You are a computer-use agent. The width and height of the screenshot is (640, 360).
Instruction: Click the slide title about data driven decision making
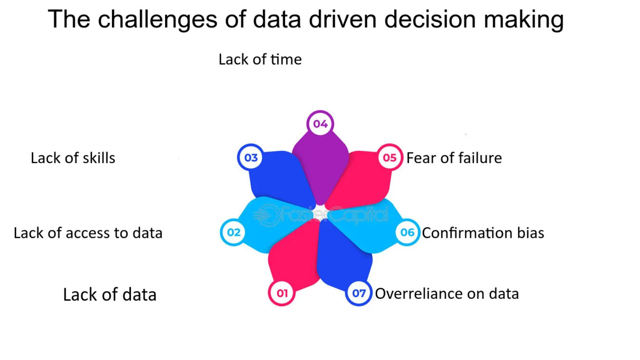306,20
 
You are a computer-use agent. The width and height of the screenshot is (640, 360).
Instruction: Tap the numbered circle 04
320,124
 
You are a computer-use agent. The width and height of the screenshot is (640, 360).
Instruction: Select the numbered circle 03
250,157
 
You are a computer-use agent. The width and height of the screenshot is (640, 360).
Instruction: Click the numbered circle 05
390,157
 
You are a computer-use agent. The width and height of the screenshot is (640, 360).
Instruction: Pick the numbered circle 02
234,232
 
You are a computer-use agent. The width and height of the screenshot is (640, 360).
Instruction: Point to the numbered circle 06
407,232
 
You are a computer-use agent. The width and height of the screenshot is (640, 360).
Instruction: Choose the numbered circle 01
282,293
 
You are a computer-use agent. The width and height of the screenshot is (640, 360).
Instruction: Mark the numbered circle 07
358,293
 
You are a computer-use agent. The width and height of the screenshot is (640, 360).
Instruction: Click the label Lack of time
260,60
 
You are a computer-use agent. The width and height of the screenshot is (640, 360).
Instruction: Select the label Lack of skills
73,158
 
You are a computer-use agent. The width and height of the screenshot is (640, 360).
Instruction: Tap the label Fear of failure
454,158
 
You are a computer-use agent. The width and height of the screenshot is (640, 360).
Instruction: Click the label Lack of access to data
88,233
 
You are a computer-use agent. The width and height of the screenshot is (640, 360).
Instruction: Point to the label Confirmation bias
483,233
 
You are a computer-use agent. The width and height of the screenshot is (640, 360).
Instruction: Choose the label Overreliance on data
447,294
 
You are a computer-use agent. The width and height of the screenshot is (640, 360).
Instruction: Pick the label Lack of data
110,294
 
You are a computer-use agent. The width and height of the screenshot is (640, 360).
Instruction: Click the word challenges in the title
158,20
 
